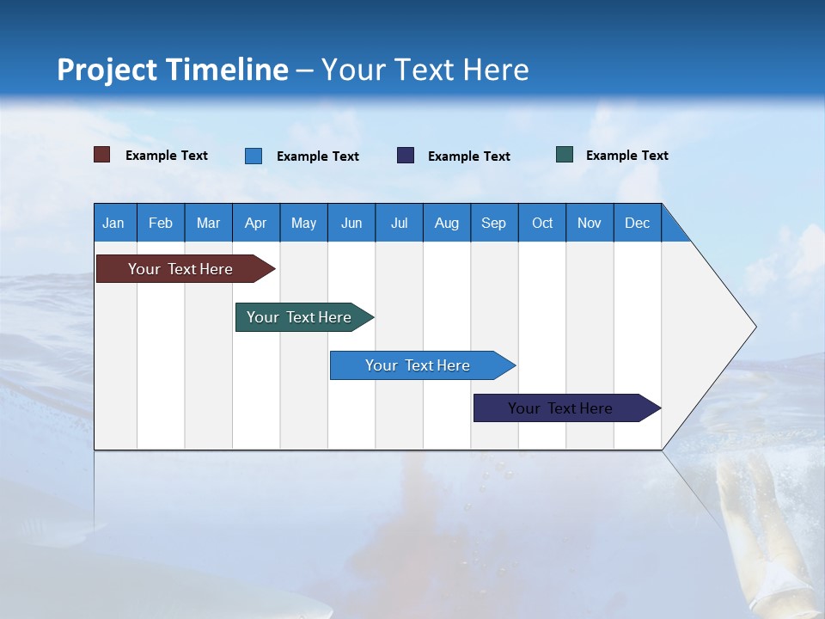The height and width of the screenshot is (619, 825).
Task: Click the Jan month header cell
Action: click(114, 223)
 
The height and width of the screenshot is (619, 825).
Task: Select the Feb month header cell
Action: click(161, 223)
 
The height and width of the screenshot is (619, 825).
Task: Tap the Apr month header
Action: click(256, 223)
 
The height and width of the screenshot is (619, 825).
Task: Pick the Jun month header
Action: click(351, 223)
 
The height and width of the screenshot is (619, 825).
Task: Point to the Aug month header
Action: click(447, 223)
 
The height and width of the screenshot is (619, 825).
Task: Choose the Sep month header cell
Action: click(494, 223)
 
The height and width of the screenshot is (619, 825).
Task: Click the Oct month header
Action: click(542, 223)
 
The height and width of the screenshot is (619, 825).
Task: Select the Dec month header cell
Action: click(638, 223)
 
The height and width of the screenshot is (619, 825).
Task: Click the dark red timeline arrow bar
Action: click(180, 269)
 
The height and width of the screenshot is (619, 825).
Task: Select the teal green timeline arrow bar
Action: click(299, 317)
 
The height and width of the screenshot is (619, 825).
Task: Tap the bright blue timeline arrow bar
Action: click(418, 365)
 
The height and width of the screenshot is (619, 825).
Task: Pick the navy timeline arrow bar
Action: click(560, 408)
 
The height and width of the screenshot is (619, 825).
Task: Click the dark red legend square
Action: click(102, 155)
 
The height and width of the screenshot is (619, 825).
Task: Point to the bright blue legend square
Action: click(254, 156)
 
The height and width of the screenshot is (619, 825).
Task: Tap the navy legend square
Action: click(406, 156)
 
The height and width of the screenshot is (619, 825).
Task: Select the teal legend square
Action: click(565, 155)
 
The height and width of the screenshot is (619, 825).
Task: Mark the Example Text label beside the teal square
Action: click(626, 156)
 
